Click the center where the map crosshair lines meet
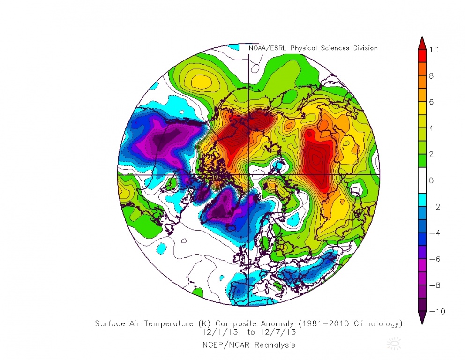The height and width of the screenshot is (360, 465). click(x=248, y=174)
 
